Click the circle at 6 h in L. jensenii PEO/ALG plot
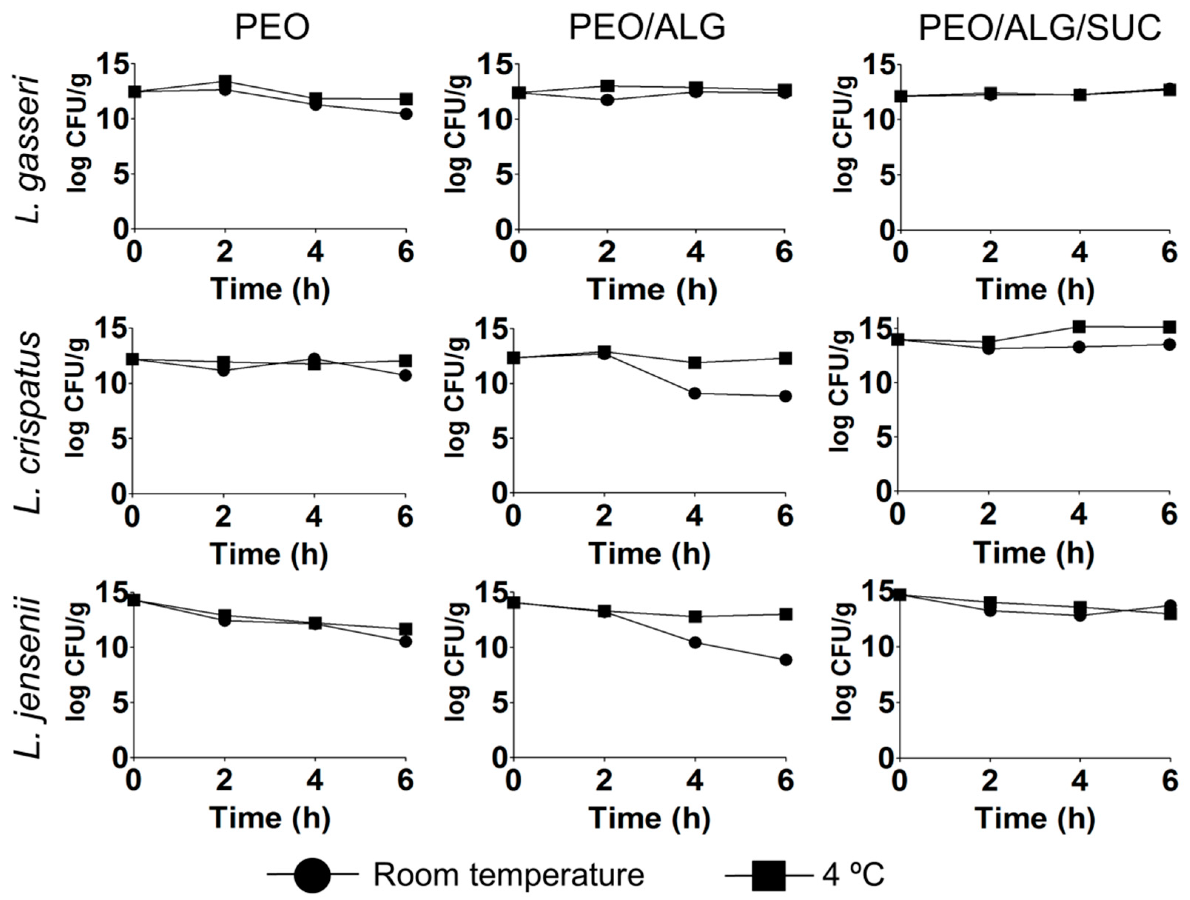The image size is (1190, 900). tap(786, 660)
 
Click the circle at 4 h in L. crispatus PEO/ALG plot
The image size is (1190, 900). tap(695, 394)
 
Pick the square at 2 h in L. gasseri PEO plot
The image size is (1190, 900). tap(225, 81)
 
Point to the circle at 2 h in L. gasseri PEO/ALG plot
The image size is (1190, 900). tap(607, 100)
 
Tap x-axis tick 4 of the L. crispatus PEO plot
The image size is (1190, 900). tap(314, 517)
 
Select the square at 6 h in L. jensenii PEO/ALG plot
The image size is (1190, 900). tap(786, 614)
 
